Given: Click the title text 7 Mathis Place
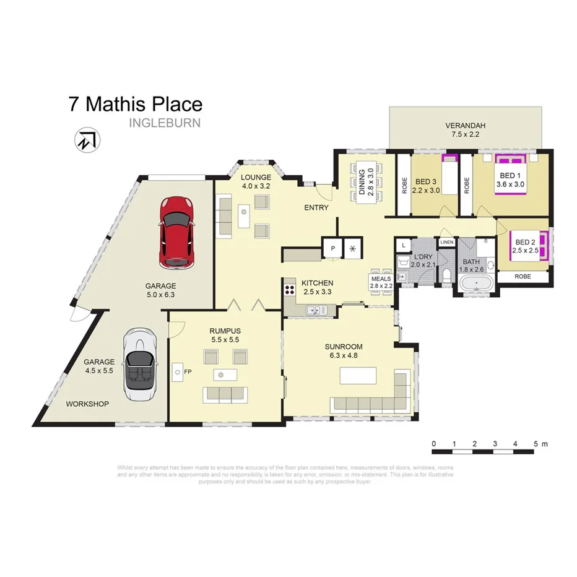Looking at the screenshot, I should pyautogui.click(x=135, y=103).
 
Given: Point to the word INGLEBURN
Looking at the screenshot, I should pyautogui.click(x=165, y=123).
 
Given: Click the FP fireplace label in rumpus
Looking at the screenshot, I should pyautogui.click(x=177, y=371).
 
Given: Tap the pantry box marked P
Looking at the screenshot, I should pyautogui.click(x=332, y=248).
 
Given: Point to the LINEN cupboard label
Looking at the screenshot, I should pyautogui.click(x=446, y=241).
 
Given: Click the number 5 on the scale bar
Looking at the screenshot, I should pyautogui.click(x=536, y=444).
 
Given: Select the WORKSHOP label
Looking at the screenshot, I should pyautogui.click(x=87, y=404).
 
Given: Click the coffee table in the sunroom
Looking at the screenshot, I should pyautogui.click(x=358, y=377).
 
